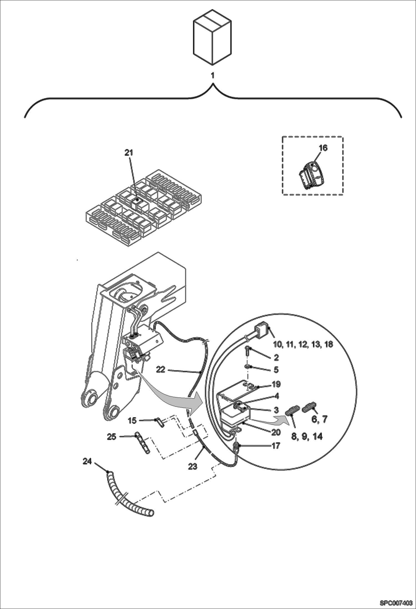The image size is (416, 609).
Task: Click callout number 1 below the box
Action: [x=213, y=76]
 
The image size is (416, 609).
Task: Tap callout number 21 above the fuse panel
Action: [x=129, y=153]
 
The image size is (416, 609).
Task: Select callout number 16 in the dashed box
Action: [x=323, y=148]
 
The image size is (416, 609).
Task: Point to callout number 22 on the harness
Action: [x=161, y=369]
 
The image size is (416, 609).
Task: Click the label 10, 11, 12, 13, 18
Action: [x=303, y=344]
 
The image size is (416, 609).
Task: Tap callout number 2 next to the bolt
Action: [x=276, y=358]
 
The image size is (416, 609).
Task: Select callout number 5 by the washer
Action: [x=276, y=370]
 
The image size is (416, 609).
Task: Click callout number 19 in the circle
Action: [x=276, y=384]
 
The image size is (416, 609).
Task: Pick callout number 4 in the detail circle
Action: [x=276, y=396]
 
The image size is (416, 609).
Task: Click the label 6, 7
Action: [x=319, y=419]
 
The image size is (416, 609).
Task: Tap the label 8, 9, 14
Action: [x=307, y=436]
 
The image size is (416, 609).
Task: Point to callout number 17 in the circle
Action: [x=276, y=446]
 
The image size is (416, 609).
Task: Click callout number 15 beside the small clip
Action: [x=132, y=421]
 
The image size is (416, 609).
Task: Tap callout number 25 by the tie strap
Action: [x=112, y=437]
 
